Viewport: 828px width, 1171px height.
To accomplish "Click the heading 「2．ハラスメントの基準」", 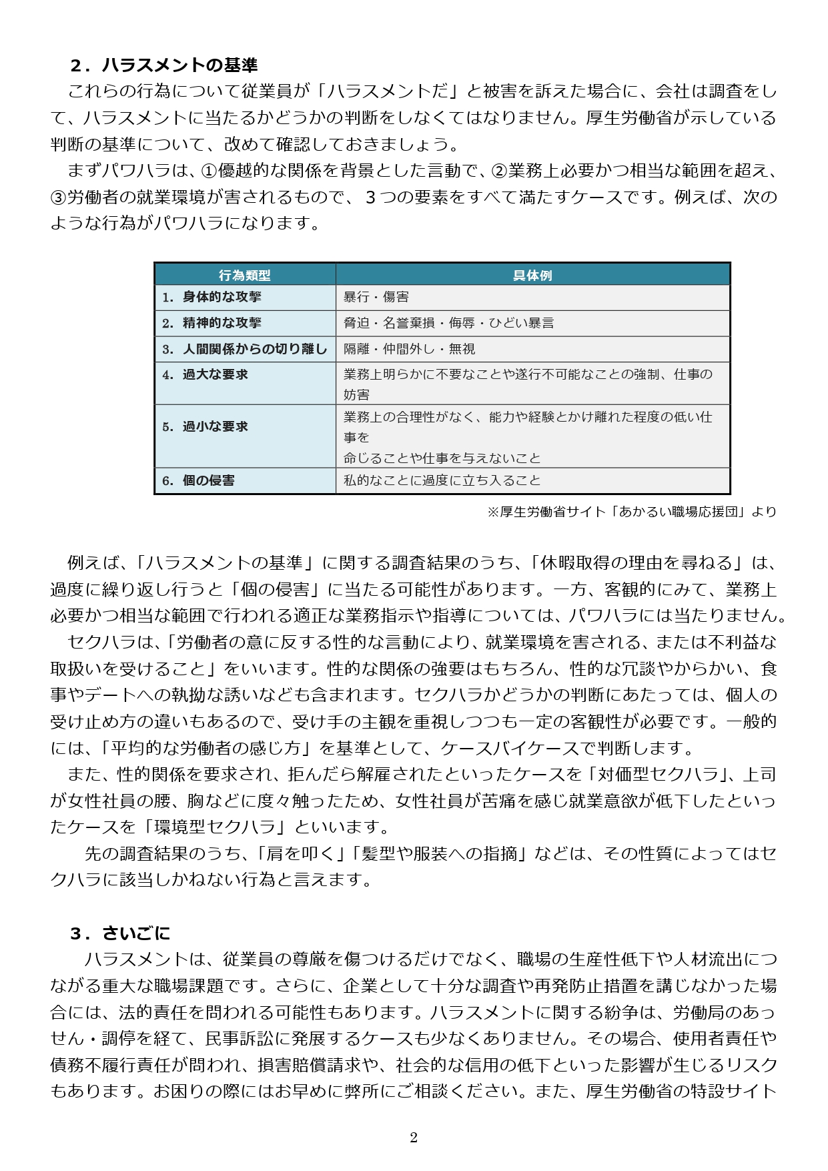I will [163, 65].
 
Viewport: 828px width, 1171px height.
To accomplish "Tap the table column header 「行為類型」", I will [245, 275].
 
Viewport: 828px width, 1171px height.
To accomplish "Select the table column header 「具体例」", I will [532, 275].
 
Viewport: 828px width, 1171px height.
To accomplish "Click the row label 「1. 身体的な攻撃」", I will [212, 297].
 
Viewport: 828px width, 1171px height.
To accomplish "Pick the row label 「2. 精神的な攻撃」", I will [212, 323].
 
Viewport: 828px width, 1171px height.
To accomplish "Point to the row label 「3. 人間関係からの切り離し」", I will [245, 349].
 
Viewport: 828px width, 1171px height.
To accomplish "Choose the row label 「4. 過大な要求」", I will [205, 375].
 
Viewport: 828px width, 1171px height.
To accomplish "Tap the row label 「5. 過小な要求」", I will [205, 426].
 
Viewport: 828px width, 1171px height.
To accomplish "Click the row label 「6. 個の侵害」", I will [199, 480].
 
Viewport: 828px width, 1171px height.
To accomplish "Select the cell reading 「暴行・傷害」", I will [376, 297].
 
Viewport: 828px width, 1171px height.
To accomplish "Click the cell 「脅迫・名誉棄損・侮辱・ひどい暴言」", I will [448, 323].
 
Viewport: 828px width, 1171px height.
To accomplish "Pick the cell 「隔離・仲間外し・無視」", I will [409, 349].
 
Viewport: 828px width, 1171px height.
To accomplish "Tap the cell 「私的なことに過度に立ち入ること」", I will [442, 480].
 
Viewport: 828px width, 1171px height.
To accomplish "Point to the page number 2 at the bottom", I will [414, 1138].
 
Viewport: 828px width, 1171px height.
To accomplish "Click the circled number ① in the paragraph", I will [208, 171].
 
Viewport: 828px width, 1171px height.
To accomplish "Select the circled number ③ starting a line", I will [58, 198].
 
